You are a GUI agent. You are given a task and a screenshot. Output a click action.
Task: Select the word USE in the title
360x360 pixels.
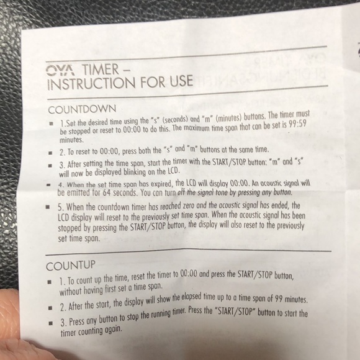pyautogui.click(x=179, y=79)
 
